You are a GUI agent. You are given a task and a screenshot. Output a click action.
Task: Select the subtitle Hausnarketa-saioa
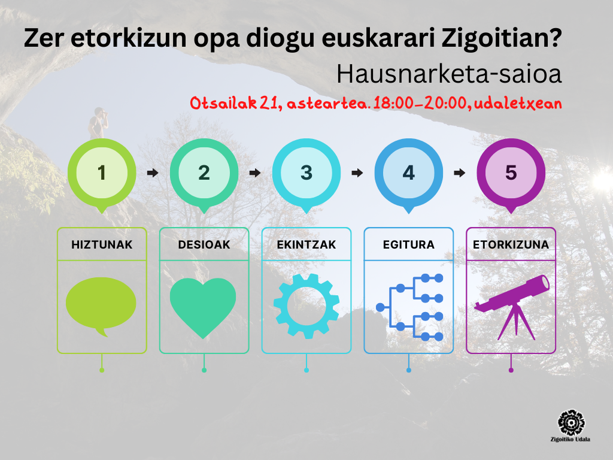pos(449,74)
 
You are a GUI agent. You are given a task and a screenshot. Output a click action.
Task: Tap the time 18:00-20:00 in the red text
pos(421,103)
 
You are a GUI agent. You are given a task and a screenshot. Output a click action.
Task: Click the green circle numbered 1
pos(102,172)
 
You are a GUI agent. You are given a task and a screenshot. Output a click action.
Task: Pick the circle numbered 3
pos(306,172)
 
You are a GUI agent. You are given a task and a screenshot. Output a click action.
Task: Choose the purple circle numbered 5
pos(511,172)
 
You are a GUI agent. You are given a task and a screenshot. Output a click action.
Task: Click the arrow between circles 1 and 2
pos(153,172)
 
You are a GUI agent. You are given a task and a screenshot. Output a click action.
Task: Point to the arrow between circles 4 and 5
pos(460,172)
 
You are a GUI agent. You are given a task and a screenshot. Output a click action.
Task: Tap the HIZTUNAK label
pos(102,244)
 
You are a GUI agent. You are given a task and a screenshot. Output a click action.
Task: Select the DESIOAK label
pos(204,244)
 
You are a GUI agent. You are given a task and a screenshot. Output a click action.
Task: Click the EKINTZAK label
pos(306,244)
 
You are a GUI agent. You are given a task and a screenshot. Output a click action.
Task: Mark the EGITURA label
pos(408,244)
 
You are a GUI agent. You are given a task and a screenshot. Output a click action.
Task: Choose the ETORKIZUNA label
pos(511,244)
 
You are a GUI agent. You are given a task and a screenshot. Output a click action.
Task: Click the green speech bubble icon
pos(101,304)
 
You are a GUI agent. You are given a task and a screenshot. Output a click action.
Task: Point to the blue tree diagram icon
pos(409,307)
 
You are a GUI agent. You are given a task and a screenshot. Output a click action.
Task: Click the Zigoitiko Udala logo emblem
pos(570,423)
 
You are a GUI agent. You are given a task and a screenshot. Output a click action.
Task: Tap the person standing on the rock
pos(98,123)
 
